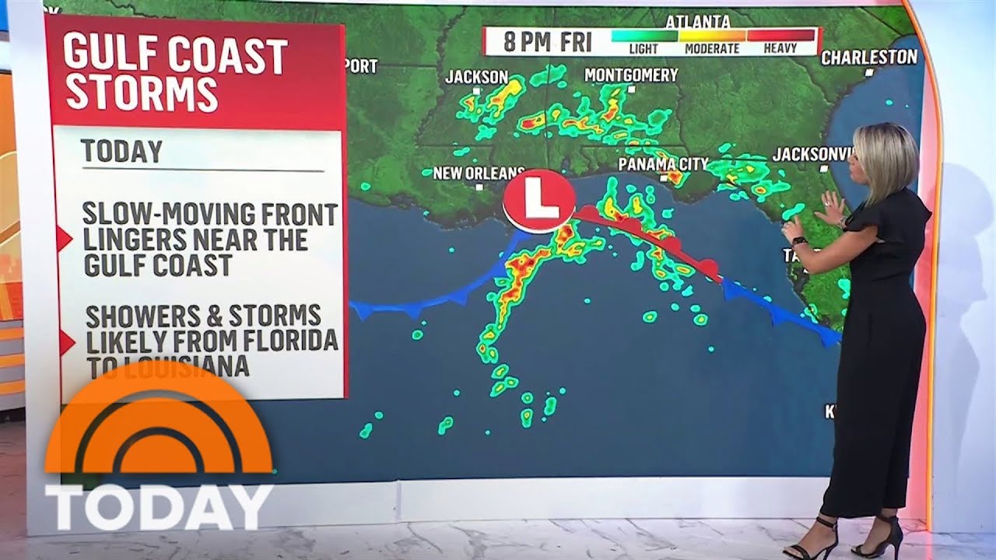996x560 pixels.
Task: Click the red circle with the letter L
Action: tap(538, 201)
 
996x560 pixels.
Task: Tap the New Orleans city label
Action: tap(478, 173)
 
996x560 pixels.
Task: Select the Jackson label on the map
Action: tap(476, 77)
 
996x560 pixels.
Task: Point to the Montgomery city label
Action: tap(631, 75)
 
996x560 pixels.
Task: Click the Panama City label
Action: tap(663, 163)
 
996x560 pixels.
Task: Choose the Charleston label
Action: tap(869, 57)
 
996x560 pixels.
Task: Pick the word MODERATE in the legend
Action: tap(711, 48)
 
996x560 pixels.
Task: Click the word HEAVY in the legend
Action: tap(780, 48)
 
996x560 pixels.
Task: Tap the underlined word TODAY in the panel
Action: tap(121, 152)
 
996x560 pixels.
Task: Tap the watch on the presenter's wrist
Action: tap(800, 240)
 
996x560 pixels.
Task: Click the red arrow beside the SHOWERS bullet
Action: tap(65, 341)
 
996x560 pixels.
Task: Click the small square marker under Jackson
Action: tap(477, 90)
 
